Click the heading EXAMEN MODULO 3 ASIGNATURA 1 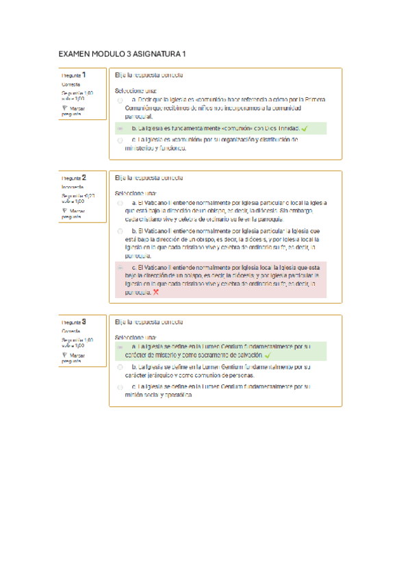click(x=122, y=53)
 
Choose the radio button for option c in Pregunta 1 click(x=120, y=140)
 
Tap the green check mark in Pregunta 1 click(x=304, y=128)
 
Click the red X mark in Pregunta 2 click(x=156, y=292)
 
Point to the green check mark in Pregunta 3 click(x=268, y=356)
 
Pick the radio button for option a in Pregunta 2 click(x=120, y=203)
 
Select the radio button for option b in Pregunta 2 click(x=120, y=232)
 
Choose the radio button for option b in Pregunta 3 click(x=120, y=367)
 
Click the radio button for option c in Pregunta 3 click(x=120, y=387)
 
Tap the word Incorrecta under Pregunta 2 click(x=73, y=186)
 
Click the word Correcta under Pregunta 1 click(x=71, y=84)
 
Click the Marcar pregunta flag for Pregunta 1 click(x=64, y=108)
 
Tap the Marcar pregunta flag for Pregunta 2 click(x=64, y=211)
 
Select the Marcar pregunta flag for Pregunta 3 click(x=64, y=355)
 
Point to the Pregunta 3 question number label click(x=73, y=322)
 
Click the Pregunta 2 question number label click(x=73, y=177)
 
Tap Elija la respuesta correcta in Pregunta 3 click(x=149, y=321)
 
